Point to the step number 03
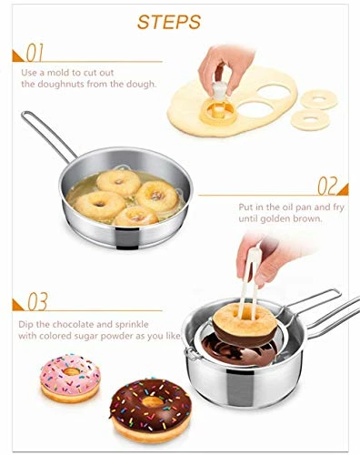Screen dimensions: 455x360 (x=36, y=300)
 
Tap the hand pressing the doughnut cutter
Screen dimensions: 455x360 (x=221, y=64)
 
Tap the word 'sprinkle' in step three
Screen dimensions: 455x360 (x=166, y=323)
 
